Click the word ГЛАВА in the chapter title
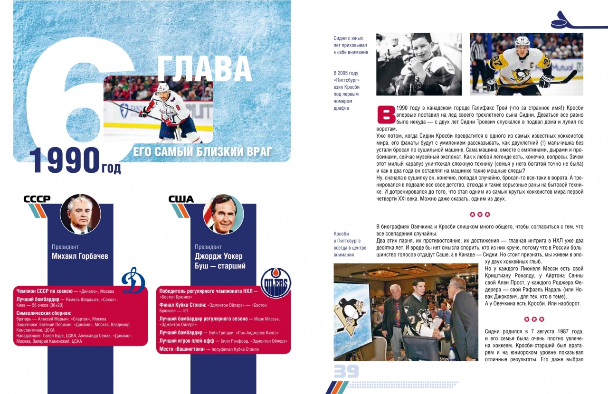point(204,69)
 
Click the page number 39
point(346,371)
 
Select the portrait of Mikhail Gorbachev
point(80,214)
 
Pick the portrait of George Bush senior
point(223,214)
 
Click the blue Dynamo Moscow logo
point(133,281)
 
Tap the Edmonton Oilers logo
point(276,283)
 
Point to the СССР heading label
point(37,199)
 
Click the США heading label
point(181,199)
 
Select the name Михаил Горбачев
point(80,256)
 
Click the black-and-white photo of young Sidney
point(418,64)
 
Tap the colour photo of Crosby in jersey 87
point(526,64)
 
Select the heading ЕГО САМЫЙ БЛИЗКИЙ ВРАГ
point(202,152)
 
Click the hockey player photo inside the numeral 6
point(158,109)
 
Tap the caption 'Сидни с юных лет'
point(351,45)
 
